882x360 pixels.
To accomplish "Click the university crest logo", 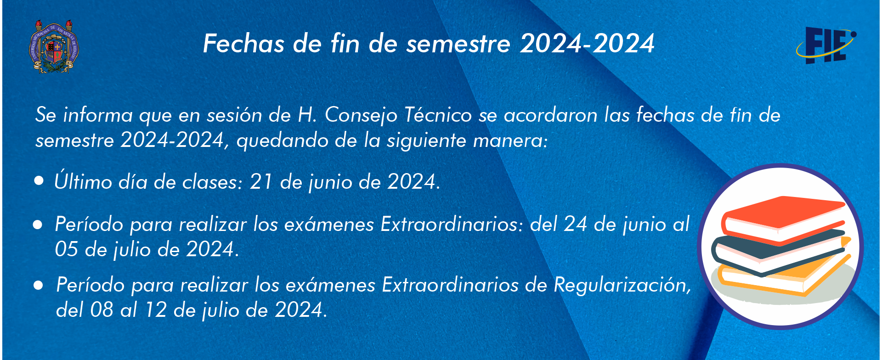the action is tap(54, 47).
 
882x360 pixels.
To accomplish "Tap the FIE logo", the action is tap(826, 45).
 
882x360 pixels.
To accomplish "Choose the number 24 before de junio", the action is tap(575, 225).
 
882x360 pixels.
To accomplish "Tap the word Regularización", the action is tap(622, 285).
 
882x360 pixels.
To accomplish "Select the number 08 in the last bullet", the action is tap(102, 310).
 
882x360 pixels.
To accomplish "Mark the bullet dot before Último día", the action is tap(39, 181).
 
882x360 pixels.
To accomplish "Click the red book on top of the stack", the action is tap(784, 218).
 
